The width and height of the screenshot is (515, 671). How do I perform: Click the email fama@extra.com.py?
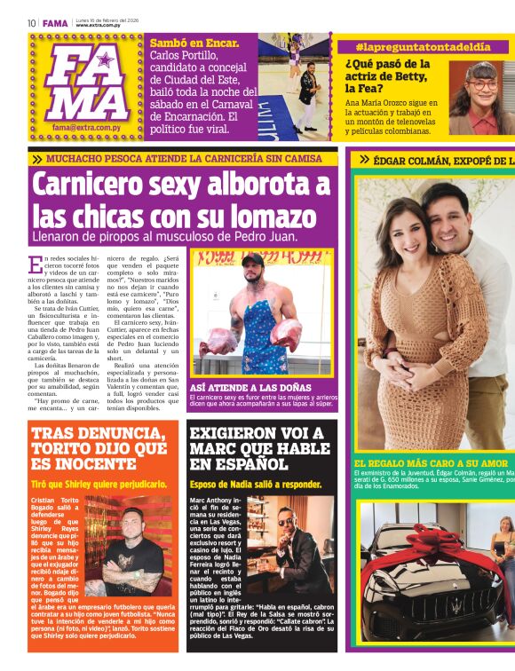[85, 127]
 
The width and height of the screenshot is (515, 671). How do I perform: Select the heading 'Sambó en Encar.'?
[194, 43]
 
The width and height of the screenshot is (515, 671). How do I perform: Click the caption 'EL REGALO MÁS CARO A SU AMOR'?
[432, 463]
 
